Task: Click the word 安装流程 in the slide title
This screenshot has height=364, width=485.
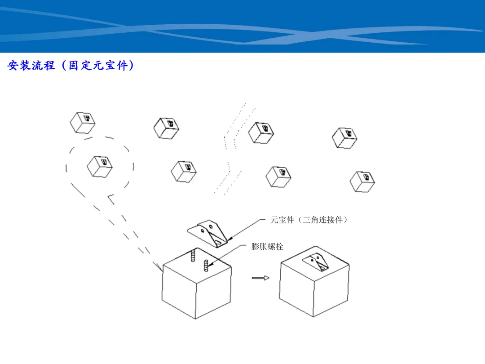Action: pyautogui.click(x=31, y=65)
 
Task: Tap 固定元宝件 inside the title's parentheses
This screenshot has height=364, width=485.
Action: pyautogui.click(x=98, y=65)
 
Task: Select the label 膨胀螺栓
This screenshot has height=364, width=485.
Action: pyautogui.click(x=267, y=246)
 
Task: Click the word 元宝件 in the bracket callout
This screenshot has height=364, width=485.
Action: pyautogui.click(x=282, y=220)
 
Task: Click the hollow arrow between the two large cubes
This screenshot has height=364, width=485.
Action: pyautogui.click(x=260, y=278)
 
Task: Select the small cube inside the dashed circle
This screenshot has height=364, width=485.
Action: pyautogui.click(x=100, y=167)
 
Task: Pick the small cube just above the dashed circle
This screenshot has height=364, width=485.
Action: pyautogui.click(x=83, y=123)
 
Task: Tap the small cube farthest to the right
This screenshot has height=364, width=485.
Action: pyautogui.click(x=362, y=182)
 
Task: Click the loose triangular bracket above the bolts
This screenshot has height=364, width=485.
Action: pyautogui.click(x=207, y=233)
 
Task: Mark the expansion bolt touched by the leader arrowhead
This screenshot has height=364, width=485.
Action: pyautogui.click(x=206, y=266)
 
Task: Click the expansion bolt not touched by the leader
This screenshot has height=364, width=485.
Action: pyautogui.click(x=193, y=256)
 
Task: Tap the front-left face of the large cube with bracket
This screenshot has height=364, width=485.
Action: pyautogui.click(x=296, y=289)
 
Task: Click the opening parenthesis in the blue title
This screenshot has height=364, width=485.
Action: pyautogui.click(x=64, y=65)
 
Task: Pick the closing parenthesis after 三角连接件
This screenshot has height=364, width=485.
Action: pyautogui.click(x=345, y=220)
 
